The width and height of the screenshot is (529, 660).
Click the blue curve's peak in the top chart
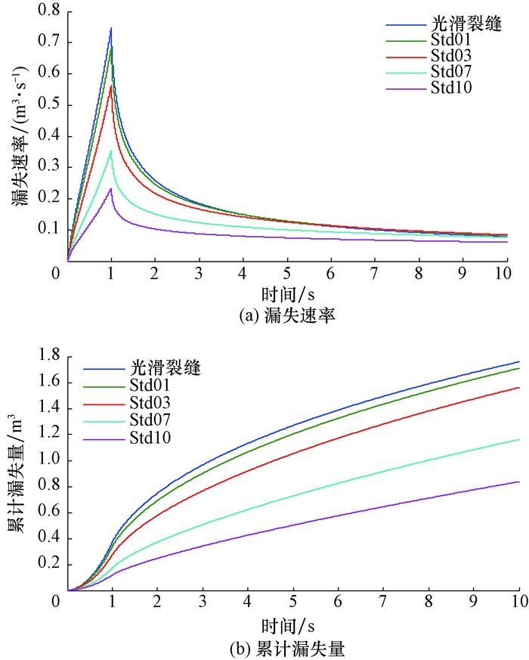click(x=111, y=28)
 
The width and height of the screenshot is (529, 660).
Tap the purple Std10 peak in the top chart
click(x=111, y=189)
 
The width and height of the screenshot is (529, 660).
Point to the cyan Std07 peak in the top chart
click(x=111, y=150)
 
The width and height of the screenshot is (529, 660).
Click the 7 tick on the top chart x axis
click(x=375, y=272)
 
